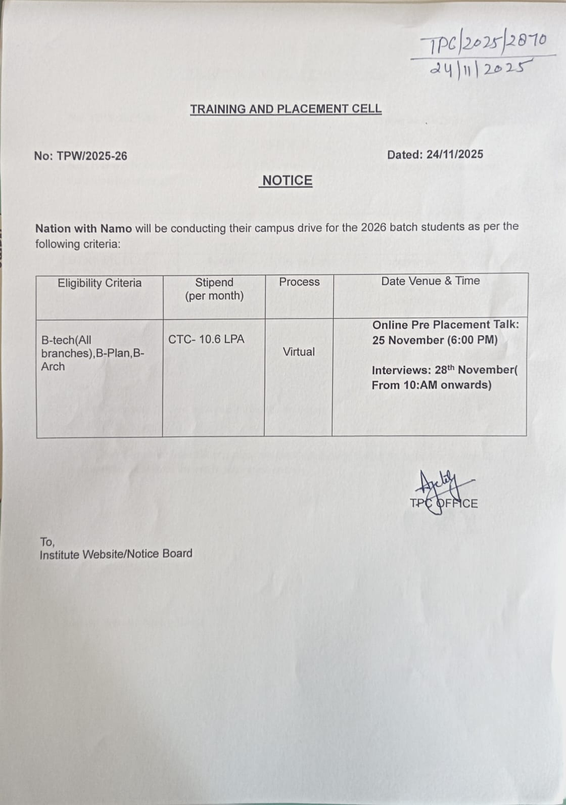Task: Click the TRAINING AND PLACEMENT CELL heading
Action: point(286,109)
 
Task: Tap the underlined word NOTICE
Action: point(287,181)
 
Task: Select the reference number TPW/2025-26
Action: point(92,156)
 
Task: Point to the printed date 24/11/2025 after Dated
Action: point(454,154)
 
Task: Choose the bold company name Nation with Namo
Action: point(83,229)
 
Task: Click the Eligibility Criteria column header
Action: point(100,283)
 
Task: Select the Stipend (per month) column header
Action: point(214,289)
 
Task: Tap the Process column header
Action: point(299,282)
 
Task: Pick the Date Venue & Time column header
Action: point(431,281)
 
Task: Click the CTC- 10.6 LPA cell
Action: point(206,339)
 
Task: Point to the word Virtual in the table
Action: point(299,351)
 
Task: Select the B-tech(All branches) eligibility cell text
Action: point(92,353)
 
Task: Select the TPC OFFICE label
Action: point(444,503)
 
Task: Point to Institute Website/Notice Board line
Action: point(116,554)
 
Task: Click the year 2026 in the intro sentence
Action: point(373,227)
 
